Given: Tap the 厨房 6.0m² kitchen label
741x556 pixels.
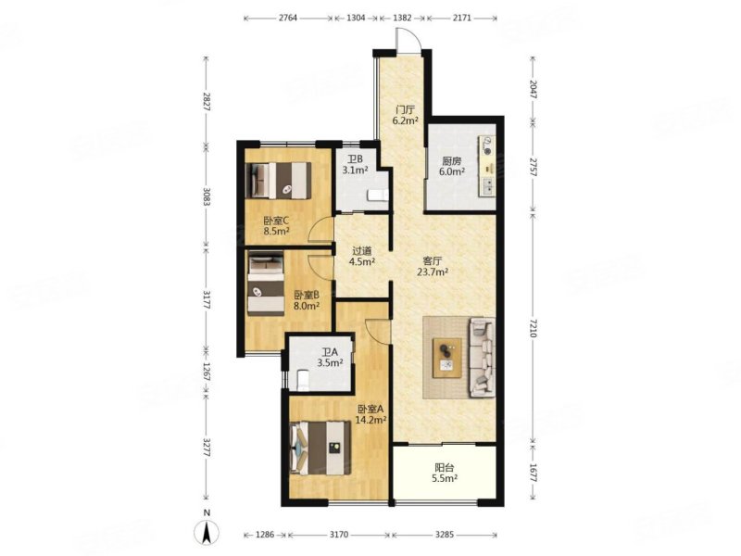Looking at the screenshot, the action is [451, 166].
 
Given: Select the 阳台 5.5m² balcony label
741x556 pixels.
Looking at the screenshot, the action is [445, 473].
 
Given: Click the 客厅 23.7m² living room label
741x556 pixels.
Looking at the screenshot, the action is [433, 266].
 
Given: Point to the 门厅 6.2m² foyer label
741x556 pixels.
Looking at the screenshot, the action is [405, 115].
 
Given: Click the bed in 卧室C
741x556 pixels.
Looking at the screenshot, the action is [279, 181].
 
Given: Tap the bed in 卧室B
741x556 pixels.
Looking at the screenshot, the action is [266, 284].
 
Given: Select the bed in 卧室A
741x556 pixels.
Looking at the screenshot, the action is [320, 448].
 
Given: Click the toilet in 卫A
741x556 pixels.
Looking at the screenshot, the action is [303, 381].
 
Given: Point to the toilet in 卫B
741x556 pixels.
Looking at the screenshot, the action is [378, 196].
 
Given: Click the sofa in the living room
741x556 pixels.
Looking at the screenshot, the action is [482, 358].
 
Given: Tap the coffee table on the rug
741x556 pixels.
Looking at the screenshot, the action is [447, 358].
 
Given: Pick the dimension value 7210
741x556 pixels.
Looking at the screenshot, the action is [534, 328].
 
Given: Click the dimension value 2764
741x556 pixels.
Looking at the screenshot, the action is [288, 18].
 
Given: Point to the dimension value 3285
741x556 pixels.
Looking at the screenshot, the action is [445, 535].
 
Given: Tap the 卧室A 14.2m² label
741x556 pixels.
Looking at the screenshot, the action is [372, 414].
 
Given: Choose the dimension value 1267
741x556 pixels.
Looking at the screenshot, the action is [206, 373].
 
